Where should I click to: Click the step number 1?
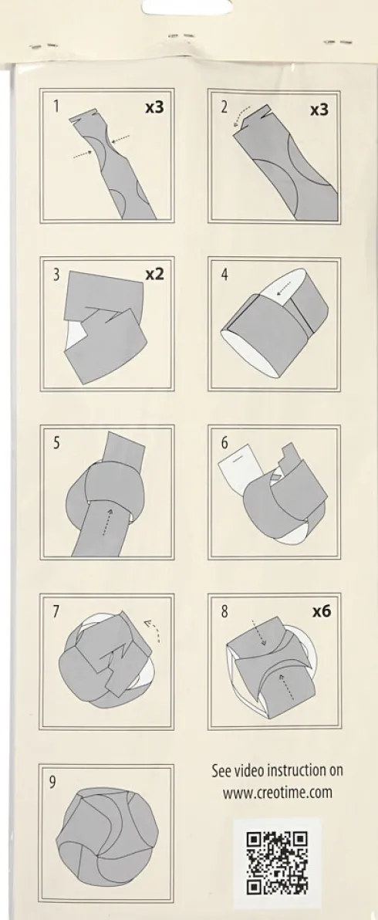tap(56, 107)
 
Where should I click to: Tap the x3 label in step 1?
tap(154, 107)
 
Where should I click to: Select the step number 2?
tap(224, 107)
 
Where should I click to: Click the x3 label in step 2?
tap(319, 110)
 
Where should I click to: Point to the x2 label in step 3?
tap(154, 274)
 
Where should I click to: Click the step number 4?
tap(224, 275)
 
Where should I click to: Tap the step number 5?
tap(56, 442)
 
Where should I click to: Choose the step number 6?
tap(224, 443)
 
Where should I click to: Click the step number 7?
tap(56, 611)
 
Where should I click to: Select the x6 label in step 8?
tap(321, 611)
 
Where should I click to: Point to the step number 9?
tap(52, 782)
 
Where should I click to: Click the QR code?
tap(277, 863)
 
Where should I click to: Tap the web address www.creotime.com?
tap(277, 793)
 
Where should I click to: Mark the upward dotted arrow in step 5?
tap(106, 521)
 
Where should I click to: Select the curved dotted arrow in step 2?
tap(241, 115)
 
